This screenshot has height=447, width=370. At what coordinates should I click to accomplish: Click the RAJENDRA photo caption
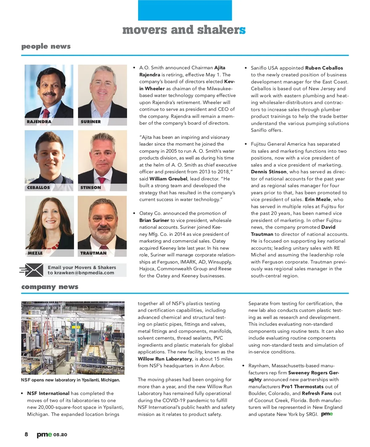pos(39,122)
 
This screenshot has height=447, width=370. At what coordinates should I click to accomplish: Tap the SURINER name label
pos(91,122)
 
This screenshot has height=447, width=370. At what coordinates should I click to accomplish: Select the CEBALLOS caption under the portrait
pos(39,187)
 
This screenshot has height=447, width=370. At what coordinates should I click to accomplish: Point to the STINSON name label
pos(91,187)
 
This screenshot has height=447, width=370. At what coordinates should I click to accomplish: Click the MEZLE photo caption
pos(35,253)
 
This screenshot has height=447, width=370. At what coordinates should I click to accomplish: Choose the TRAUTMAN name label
pos(93,253)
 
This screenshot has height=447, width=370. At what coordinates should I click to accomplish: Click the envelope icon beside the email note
pos(32,270)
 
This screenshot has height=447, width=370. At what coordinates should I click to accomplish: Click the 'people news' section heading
pos(46,46)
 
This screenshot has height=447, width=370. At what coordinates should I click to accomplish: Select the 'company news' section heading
pos(50,287)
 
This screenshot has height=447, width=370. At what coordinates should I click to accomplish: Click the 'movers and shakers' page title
pos(184,30)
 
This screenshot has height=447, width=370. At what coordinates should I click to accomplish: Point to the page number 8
pos(26,434)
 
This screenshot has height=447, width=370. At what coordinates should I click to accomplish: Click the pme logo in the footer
pos(44,435)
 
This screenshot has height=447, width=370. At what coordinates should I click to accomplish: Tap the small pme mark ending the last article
pos(327,414)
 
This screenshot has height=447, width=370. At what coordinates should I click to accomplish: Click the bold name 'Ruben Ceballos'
pos(324,68)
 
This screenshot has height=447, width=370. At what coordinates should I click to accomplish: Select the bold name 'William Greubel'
pos(168,179)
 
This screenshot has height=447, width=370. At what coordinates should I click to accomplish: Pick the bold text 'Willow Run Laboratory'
pos(165,359)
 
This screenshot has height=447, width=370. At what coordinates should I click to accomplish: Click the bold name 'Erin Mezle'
pos(318,199)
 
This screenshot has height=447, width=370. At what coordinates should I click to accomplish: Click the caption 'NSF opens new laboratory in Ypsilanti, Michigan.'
pos(71,380)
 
